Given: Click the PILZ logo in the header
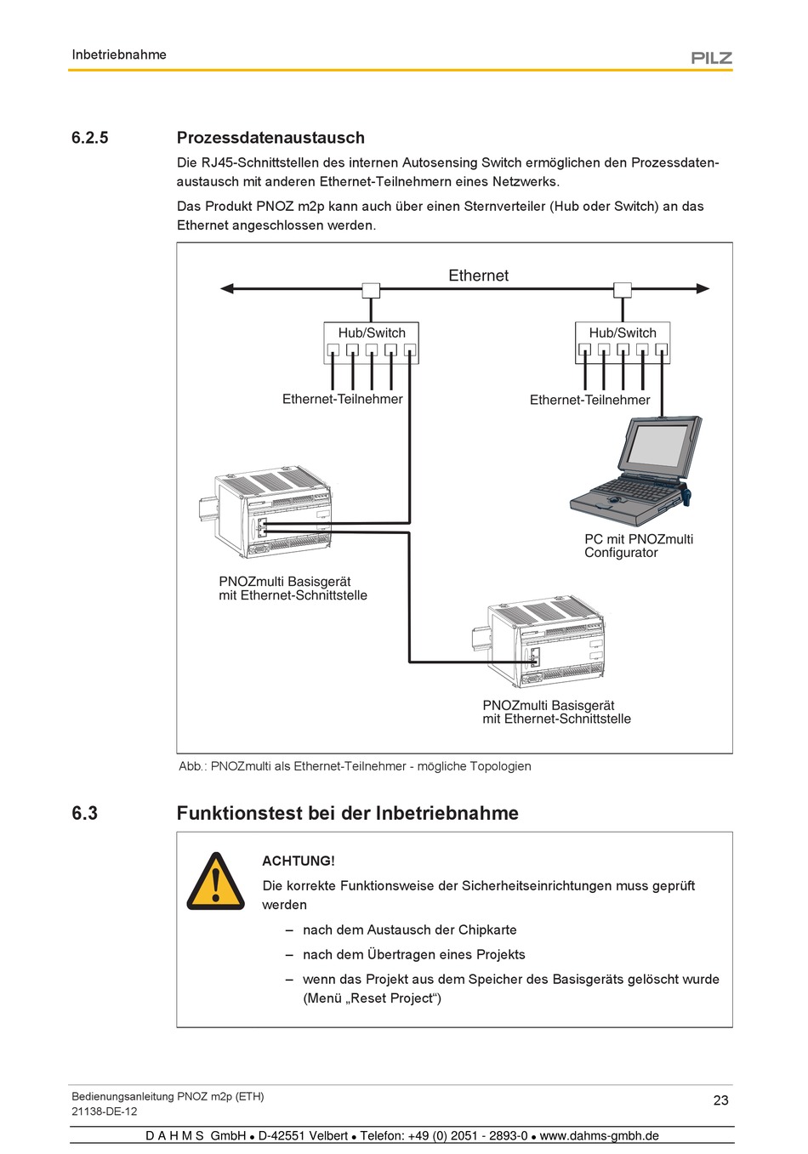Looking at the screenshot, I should click(711, 58).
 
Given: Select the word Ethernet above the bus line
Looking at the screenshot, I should click(478, 276).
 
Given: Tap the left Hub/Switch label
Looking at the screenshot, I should click(372, 333).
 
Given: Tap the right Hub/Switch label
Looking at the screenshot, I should click(623, 333).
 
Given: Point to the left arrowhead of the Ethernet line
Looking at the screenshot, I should click(227, 289).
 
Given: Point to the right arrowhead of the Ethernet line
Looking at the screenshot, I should click(703, 289).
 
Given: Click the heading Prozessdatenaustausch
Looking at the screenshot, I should click(270, 138).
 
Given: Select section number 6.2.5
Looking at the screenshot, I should click(90, 138).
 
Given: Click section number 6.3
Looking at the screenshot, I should click(85, 813).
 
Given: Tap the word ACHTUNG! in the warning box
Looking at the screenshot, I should click(299, 861).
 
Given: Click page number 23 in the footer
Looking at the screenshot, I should click(720, 1100).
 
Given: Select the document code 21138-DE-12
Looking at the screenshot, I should click(105, 1111).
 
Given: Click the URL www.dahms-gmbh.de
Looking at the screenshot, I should click(600, 1136).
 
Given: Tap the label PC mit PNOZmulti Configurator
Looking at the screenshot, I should click(639, 546).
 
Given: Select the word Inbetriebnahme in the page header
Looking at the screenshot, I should click(119, 54).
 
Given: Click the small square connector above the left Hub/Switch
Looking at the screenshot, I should click(371, 290).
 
